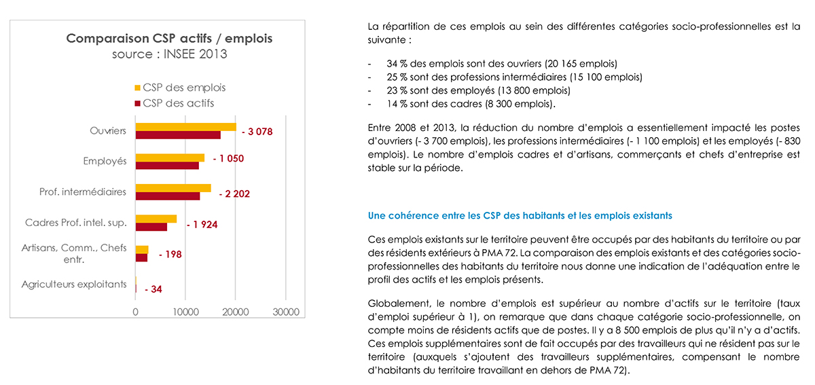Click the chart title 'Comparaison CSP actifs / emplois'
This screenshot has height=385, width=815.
point(169,38)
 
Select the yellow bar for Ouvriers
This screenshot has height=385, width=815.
point(186,126)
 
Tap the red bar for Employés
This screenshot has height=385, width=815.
point(167,166)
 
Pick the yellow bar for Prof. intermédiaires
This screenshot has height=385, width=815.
point(173,188)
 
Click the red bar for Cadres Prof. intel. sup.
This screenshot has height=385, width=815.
point(151,227)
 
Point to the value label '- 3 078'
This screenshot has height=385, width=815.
point(257,132)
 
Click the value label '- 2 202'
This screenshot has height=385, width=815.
point(234,194)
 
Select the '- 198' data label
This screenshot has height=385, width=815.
point(170,255)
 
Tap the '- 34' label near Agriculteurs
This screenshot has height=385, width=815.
point(153,289)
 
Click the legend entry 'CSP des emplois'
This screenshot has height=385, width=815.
point(180,88)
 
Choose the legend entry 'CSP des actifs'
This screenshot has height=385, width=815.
point(175,103)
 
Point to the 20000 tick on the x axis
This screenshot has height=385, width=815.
point(236,312)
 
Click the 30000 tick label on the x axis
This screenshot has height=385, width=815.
point(286,312)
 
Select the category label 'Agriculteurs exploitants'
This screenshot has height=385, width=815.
point(74,285)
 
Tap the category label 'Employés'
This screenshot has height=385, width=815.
point(105,161)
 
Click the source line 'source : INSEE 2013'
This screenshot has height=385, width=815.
point(170,54)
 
